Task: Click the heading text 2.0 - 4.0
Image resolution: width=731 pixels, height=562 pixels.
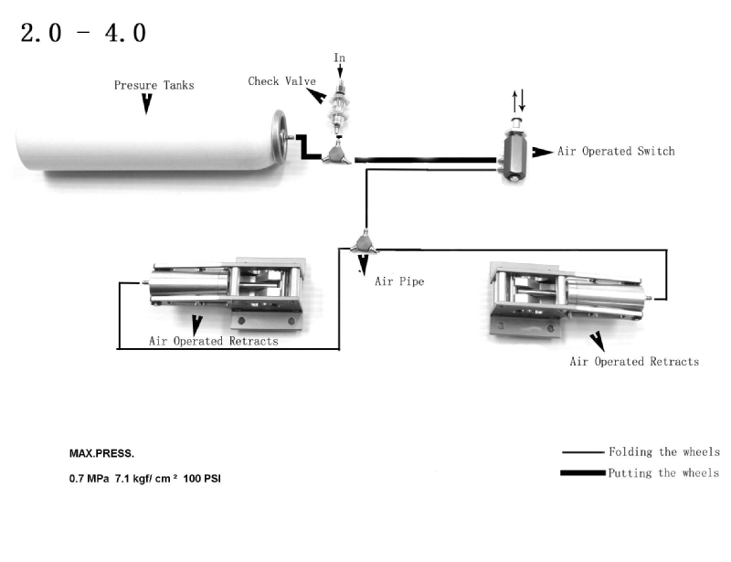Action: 83,33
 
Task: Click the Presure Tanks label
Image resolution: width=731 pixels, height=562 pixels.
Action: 154,85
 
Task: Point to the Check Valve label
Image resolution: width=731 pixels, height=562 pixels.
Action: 281,81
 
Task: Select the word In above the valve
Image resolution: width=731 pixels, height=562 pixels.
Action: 339,58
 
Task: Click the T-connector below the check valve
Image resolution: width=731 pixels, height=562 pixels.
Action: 336,154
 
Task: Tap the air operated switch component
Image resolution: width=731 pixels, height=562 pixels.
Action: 515,151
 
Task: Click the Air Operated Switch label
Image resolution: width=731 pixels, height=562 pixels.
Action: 616,151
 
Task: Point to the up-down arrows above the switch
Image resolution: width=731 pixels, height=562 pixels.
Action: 518,101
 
